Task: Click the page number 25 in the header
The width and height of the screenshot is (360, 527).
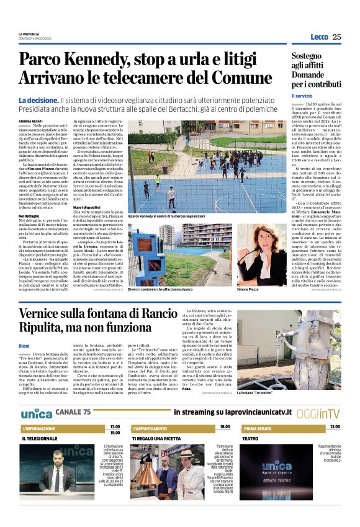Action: [x=336, y=37]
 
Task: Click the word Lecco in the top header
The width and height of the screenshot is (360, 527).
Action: [x=319, y=37]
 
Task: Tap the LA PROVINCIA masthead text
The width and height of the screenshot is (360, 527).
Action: [x=29, y=34]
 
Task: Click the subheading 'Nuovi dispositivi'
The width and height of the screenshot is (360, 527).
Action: [x=87, y=207]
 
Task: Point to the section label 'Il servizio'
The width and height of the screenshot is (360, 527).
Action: [x=303, y=96]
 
